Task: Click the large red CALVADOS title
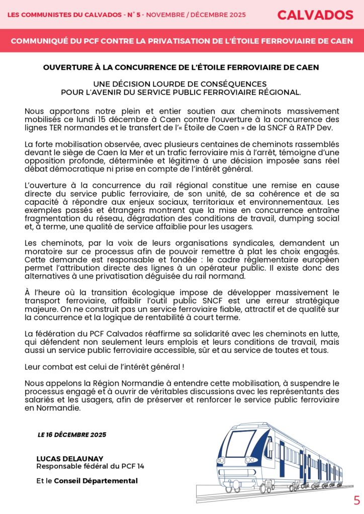coord(315,15)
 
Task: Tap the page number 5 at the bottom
coord(357,500)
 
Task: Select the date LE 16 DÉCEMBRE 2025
coord(72,435)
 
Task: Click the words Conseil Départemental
coord(96,481)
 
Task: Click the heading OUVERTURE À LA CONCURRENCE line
coord(181,67)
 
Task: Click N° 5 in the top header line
coord(133,15)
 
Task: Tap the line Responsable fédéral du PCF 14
coord(90,466)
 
